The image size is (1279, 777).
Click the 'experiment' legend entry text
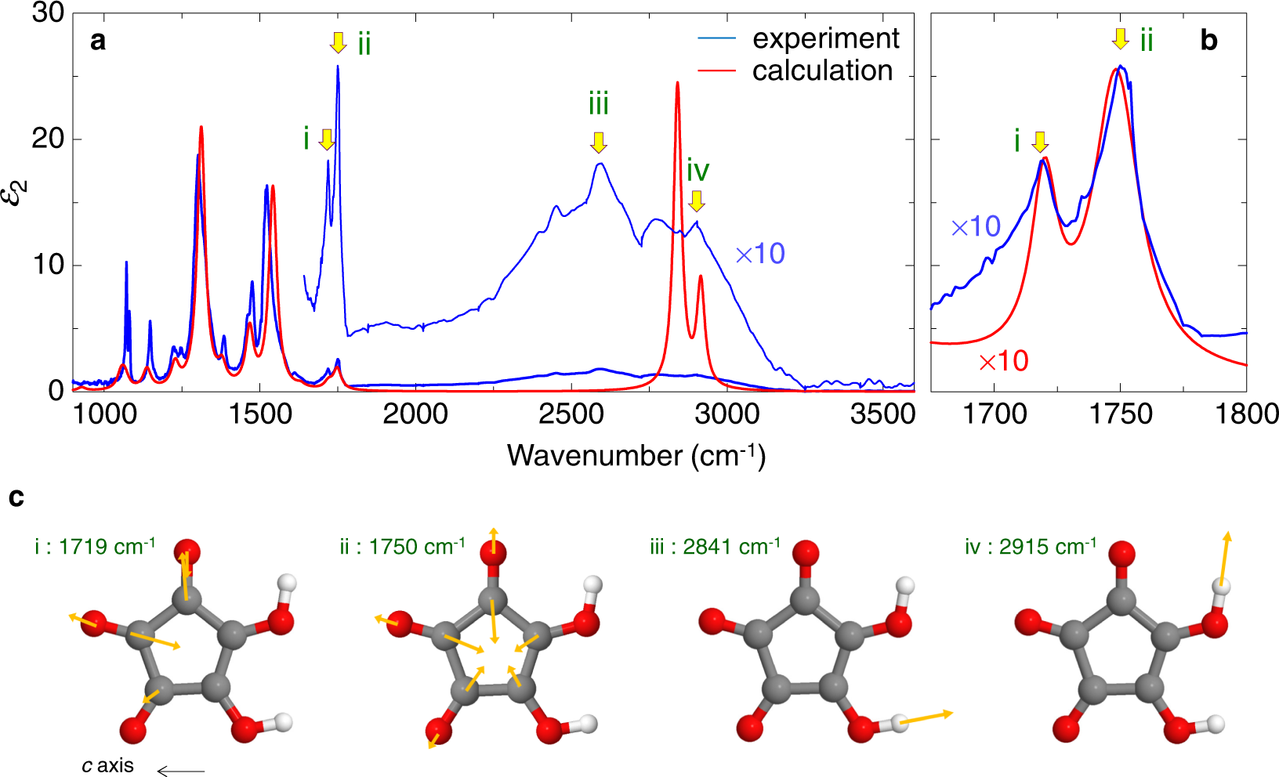[x=825, y=38]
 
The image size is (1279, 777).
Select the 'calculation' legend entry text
[x=822, y=70]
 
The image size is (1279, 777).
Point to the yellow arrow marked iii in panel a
[x=599, y=142]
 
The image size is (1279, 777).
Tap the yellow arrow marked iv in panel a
[x=697, y=201]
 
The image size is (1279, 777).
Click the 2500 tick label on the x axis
[x=571, y=414]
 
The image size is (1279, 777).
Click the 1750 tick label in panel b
[x=1121, y=414]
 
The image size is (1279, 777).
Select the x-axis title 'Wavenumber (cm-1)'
[x=636, y=455]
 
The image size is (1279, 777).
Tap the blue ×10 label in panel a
[x=759, y=253]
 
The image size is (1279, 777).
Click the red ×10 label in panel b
[x=1003, y=361]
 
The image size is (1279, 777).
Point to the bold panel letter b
[x=1208, y=41]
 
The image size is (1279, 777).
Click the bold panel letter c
[x=16, y=497]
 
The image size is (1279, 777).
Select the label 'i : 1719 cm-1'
[x=95, y=546]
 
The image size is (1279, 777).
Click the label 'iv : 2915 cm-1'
[x=1031, y=546]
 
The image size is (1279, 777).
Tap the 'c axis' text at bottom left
[x=107, y=765]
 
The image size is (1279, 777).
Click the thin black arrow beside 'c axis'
[x=181, y=772]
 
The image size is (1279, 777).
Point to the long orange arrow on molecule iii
[x=926, y=717]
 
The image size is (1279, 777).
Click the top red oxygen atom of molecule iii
[x=806, y=553]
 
